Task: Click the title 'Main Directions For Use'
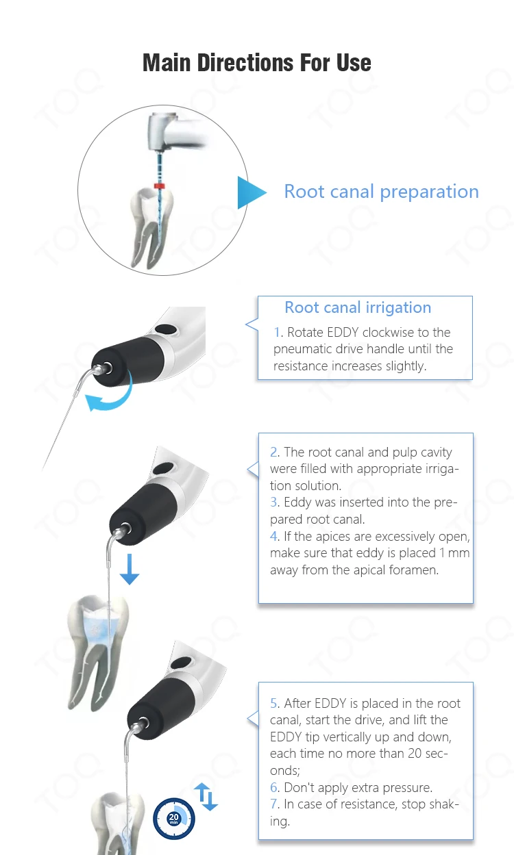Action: coord(257,63)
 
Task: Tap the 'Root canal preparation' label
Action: coord(381,192)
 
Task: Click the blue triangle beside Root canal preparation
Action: coord(250,192)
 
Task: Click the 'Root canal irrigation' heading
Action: coord(358,308)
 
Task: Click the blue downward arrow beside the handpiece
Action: coord(129,570)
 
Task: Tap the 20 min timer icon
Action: coord(174,818)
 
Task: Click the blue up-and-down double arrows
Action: coord(205,797)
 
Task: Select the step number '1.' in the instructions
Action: coord(278,333)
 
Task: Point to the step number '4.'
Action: coord(275,536)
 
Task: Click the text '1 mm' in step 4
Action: coord(453,553)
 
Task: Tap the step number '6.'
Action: coord(275,787)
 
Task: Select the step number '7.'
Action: coord(275,804)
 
